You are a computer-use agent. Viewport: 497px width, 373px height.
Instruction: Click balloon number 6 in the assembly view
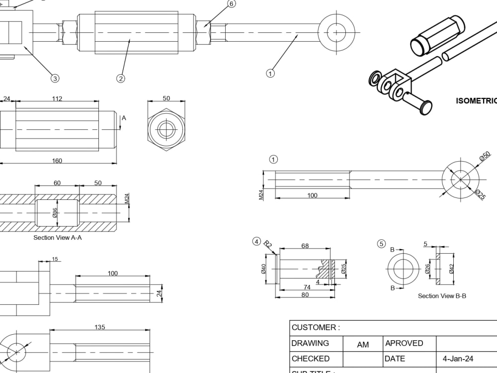pos(232,4)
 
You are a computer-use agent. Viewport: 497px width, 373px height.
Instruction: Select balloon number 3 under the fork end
pos(55,78)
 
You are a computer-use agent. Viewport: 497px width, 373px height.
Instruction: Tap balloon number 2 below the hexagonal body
pos(120,78)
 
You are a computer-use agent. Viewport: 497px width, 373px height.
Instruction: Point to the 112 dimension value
pos(57,98)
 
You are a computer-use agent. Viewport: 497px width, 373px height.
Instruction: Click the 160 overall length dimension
pos(57,161)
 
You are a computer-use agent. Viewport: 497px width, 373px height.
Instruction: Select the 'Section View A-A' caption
pos(58,238)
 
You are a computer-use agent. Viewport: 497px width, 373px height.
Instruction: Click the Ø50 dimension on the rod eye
pos(485,157)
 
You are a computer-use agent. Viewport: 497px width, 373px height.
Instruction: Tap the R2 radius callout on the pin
pos(268,244)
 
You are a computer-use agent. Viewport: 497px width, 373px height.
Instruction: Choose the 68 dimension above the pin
pos(305,246)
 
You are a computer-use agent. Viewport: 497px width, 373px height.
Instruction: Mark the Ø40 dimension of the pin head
pos(264,269)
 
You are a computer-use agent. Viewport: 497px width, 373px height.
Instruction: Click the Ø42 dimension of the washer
pos(451,269)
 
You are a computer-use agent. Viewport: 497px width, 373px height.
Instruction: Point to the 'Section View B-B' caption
pos(442,296)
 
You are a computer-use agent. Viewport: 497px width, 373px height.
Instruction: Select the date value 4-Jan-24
pos(458,359)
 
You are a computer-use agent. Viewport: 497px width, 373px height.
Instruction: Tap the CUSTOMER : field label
pos(316,328)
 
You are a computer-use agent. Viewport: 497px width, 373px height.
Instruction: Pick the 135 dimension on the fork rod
pos(99,327)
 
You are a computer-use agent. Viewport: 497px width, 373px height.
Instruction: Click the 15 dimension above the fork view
pos(55,259)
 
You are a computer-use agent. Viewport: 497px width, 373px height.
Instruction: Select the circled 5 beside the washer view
pos(381,244)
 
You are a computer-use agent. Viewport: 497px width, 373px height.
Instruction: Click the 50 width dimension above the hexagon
pos(166,98)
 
